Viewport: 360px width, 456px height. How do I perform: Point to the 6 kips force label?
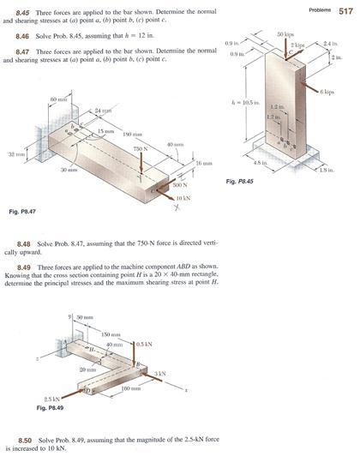point(334,91)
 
